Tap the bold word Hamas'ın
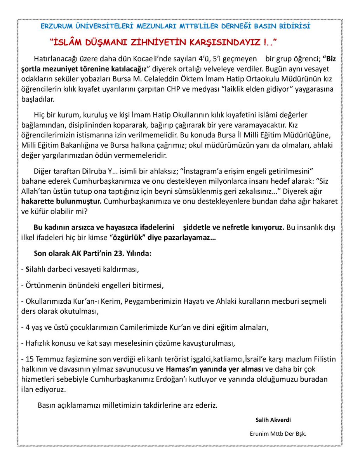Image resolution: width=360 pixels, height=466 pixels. (181, 368)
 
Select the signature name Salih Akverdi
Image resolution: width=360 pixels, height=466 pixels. (273, 420)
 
